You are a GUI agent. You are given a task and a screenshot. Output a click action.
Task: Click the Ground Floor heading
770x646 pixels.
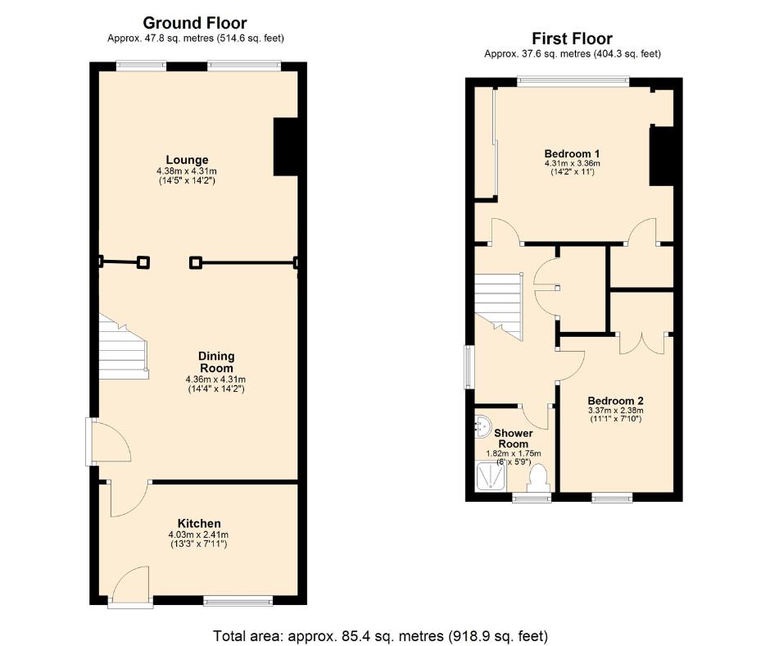pyautogui.click(x=194, y=23)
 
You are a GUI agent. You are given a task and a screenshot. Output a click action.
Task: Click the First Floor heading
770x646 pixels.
pyautogui.click(x=572, y=39)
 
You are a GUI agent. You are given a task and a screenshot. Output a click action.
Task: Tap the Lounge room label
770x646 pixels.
pyautogui.click(x=187, y=160)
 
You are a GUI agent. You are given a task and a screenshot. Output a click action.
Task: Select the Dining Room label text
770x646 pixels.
pyautogui.click(x=216, y=362)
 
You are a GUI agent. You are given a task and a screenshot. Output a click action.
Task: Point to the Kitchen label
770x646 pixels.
pyautogui.click(x=199, y=524)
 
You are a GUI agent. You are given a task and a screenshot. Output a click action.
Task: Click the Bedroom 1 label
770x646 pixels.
pyautogui.click(x=573, y=153)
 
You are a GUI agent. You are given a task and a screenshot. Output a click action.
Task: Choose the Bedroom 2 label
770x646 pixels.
pyautogui.click(x=614, y=401)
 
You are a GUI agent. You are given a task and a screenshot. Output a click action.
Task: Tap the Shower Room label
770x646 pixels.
pyautogui.click(x=514, y=438)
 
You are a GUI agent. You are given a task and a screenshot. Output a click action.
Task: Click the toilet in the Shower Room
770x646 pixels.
pyautogui.click(x=538, y=478)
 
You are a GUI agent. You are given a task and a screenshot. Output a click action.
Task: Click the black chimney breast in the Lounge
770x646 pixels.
pyautogui.click(x=285, y=147)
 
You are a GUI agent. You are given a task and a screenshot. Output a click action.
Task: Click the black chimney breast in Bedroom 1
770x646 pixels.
pyautogui.click(x=661, y=157)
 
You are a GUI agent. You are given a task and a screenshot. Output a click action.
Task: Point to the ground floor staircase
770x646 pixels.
pyautogui.click(x=123, y=348)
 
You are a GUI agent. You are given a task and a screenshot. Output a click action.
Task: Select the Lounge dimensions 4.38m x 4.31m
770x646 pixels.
pyautogui.click(x=187, y=171)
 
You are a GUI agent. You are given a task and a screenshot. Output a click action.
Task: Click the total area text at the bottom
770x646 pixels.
pyautogui.click(x=380, y=635)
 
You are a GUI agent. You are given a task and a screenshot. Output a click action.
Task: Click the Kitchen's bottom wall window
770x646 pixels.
pyautogui.click(x=238, y=603)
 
